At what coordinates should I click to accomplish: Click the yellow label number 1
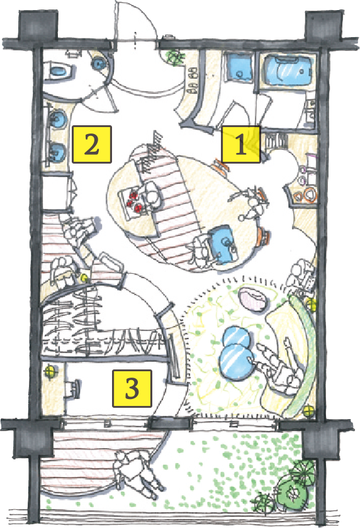point(240,144)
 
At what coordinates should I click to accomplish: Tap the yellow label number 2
point(92,145)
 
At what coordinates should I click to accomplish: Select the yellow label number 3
point(132,388)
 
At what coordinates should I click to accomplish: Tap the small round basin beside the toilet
point(99,63)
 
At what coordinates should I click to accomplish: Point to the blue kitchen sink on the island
point(223,244)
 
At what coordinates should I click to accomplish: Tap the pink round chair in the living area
point(254,300)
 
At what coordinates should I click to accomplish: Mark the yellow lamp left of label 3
point(50,371)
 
